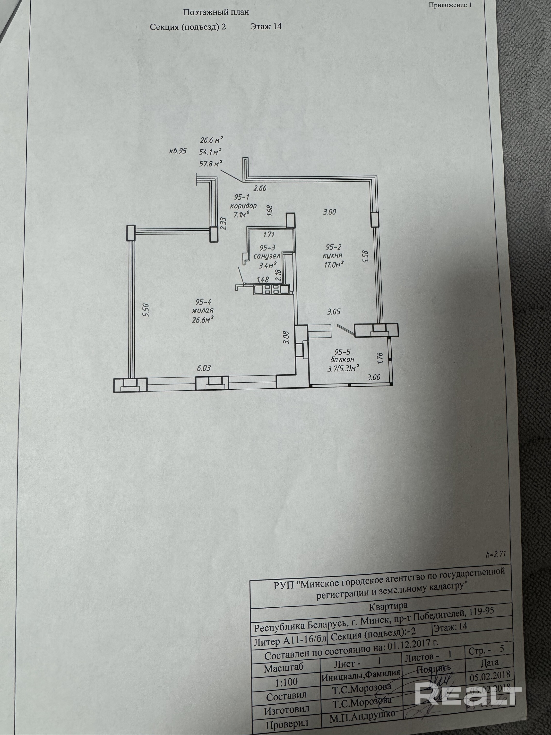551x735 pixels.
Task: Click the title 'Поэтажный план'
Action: pos(216,13)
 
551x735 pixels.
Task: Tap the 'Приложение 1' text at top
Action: pos(450,5)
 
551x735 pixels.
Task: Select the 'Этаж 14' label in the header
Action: pos(266,26)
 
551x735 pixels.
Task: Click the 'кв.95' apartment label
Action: pos(178,151)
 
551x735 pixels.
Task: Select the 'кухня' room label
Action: pos(332,255)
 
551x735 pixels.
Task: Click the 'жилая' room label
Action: pos(203,310)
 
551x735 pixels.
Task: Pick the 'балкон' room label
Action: pos(342,359)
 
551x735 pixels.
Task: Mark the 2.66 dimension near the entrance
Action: pos(260,188)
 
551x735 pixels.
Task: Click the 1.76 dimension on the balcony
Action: pos(381,359)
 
